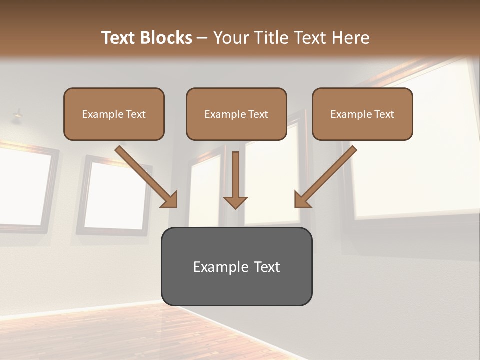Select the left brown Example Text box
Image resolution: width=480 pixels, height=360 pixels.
[114, 114]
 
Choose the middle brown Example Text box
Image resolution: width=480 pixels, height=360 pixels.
[236, 114]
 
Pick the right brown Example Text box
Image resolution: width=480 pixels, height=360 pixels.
[362, 114]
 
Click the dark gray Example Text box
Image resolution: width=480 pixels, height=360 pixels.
[236, 266]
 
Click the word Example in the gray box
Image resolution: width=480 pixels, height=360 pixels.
[220, 267]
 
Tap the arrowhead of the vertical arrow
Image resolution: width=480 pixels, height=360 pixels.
[235, 202]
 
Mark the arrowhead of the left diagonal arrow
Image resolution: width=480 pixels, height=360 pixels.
[170, 199]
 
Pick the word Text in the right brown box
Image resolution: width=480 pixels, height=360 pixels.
[384, 114]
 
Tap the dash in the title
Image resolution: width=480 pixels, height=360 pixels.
[202, 38]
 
